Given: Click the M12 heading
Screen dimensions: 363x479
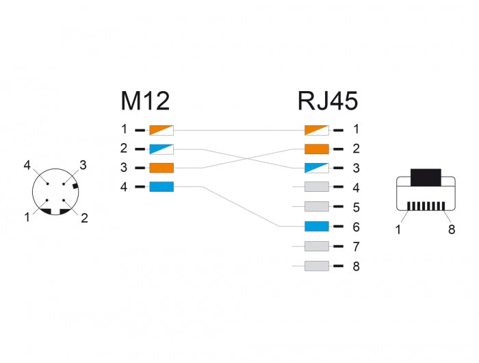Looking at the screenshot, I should tap(145, 101).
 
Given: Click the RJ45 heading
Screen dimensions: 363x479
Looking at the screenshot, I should tap(327, 101).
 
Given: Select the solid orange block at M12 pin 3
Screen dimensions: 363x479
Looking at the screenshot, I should tap(161, 168).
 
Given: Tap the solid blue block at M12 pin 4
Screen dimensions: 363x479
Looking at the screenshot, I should tap(161, 187).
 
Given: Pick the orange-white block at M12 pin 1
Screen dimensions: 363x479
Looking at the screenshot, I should tap(161, 129).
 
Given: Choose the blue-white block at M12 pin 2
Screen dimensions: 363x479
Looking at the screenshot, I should tap(161, 148).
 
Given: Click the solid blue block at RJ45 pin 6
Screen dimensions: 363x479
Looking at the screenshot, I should tap(317, 226).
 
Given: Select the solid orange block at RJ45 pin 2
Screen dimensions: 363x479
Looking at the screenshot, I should tap(317, 148).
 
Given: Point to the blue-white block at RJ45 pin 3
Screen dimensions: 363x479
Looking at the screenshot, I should tap(317, 168).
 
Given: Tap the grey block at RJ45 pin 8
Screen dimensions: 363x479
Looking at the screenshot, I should tap(317, 266).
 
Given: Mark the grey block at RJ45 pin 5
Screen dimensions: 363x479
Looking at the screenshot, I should tap(317, 207).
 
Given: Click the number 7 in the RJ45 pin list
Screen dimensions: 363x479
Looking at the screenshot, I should tap(356, 246).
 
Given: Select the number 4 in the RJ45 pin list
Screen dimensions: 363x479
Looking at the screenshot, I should tap(356, 187).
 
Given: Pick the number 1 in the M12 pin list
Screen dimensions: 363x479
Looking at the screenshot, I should tap(124, 129).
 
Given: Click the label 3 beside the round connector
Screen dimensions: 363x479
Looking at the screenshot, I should tap(82, 164).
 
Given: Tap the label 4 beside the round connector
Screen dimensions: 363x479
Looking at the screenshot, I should tap(27, 164).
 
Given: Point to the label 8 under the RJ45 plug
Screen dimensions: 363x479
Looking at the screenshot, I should tap(452, 230).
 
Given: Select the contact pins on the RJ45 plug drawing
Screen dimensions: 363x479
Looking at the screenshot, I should tap(426, 205).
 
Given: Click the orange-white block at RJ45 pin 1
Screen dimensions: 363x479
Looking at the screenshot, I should tap(317, 129).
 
